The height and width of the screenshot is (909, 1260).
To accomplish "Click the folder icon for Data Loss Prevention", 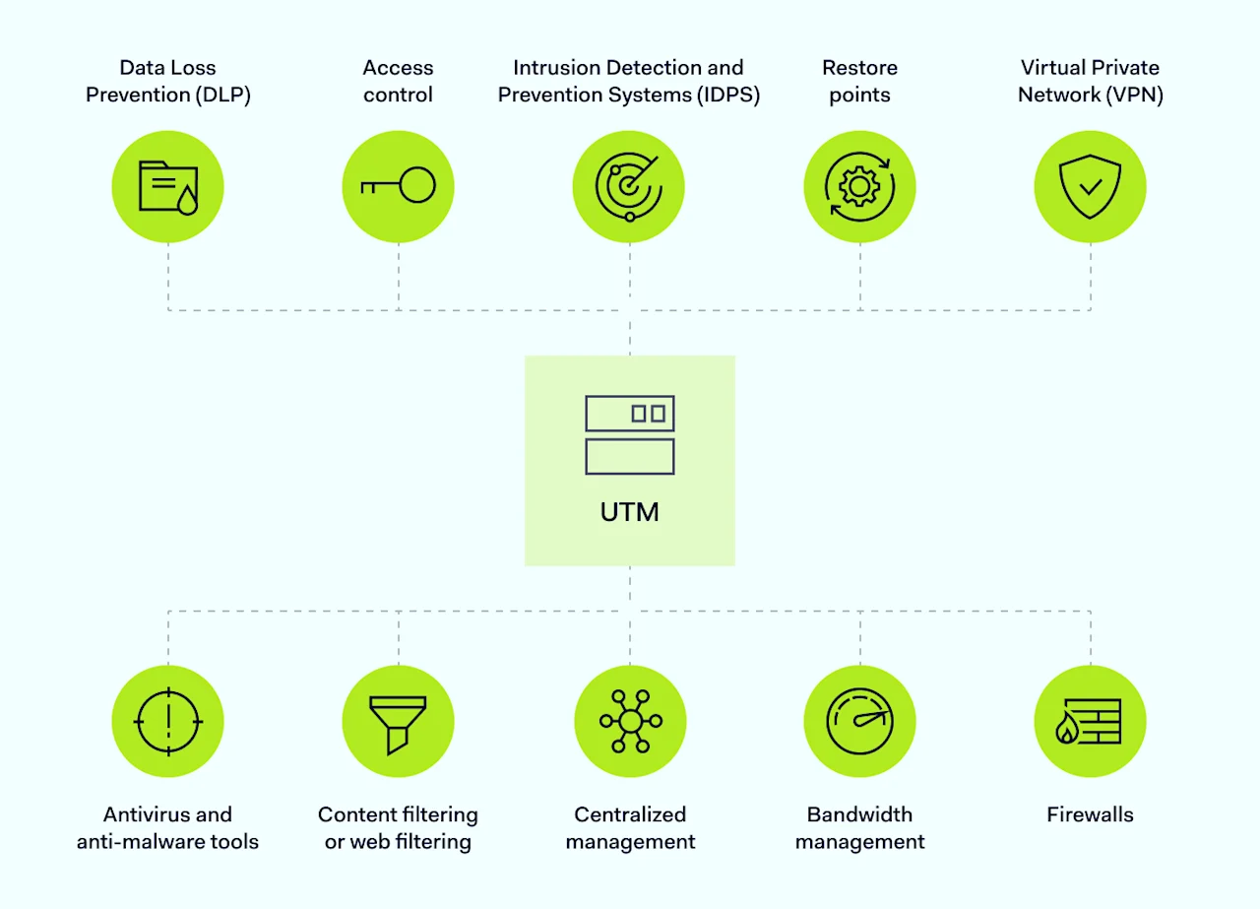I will tap(167, 186).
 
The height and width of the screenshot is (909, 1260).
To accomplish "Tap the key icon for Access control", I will tap(398, 186).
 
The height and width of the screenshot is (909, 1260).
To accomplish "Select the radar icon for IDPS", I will tap(629, 186).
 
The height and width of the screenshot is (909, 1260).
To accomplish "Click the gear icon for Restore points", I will tap(859, 186).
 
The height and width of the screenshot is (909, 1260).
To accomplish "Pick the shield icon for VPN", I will tap(1090, 186).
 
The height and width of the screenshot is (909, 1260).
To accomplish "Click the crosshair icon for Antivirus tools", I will tap(167, 721).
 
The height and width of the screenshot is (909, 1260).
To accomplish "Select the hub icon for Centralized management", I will tap(629, 721).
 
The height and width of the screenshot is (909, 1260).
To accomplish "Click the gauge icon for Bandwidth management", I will tap(859, 721).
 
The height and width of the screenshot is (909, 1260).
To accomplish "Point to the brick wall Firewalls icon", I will tap(1090, 721).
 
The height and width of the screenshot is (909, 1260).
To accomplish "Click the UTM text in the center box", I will tap(629, 512).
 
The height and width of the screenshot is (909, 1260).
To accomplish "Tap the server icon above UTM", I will tap(629, 435).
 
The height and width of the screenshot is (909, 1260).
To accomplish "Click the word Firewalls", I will tap(1090, 814).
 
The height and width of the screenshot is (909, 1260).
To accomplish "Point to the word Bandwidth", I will tap(859, 814).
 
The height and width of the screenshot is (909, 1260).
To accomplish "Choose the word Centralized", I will tap(630, 814).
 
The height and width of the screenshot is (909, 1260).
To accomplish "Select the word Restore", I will tap(859, 68).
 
